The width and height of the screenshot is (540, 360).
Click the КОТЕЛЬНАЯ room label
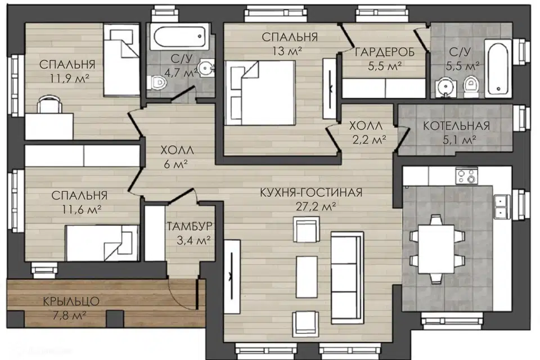(456, 126)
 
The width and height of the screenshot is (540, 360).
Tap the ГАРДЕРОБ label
(384, 52)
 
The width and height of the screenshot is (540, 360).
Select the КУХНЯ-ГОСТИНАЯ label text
(311, 192)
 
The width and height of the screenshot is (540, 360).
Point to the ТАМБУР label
(190, 226)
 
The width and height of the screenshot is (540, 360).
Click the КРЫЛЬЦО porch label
(71, 301)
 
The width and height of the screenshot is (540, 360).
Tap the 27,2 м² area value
(316, 206)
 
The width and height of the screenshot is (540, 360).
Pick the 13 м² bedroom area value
(287, 51)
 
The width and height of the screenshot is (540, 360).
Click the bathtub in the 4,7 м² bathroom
(180, 37)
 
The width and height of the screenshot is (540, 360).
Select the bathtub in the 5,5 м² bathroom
(498, 67)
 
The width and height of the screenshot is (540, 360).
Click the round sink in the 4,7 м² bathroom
(206, 68)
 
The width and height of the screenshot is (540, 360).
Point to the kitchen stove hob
(467, 175)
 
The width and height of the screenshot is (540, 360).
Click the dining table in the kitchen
(436, 249)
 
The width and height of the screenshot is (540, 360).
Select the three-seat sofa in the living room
(347, 278)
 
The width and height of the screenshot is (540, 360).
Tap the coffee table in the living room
(307, 277)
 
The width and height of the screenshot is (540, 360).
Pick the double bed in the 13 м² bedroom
(260, 93)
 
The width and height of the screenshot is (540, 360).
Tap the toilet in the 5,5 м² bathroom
(470, 86)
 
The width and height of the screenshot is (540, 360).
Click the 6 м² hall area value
(175, 164)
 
